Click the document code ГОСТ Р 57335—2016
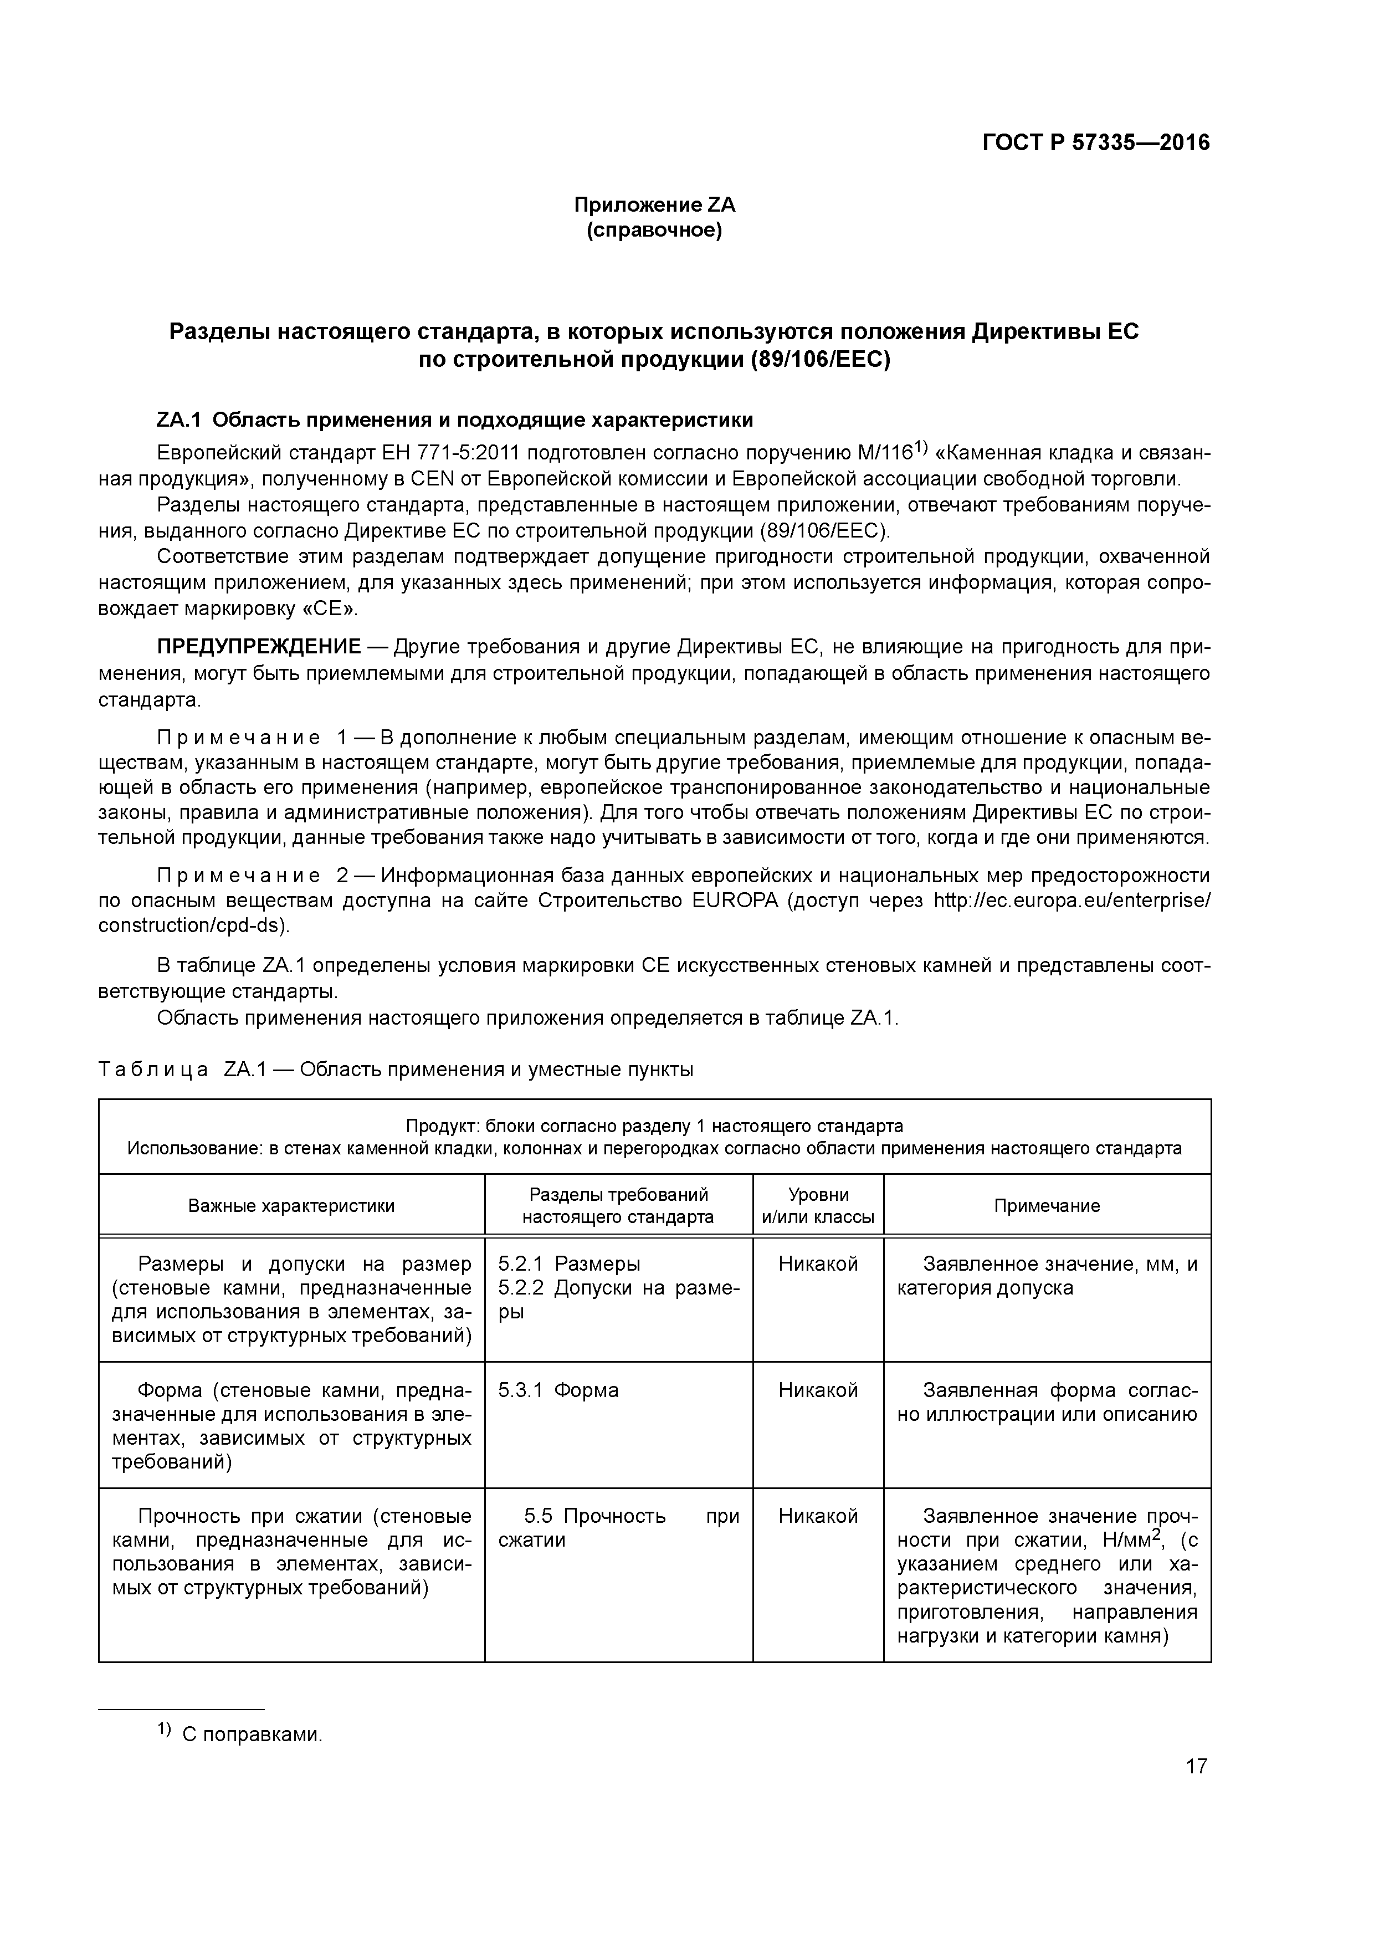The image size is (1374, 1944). (1095, 143)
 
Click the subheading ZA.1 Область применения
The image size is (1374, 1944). (455, 420)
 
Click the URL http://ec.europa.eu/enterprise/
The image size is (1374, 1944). (1071, 900)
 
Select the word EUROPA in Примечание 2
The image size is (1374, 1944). (734, 900)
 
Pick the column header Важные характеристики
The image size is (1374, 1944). (291, 1206)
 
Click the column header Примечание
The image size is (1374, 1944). (1047, 1206)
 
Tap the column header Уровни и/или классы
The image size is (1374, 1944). (818, 1206)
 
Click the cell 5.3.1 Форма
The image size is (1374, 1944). (559, 1390)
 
